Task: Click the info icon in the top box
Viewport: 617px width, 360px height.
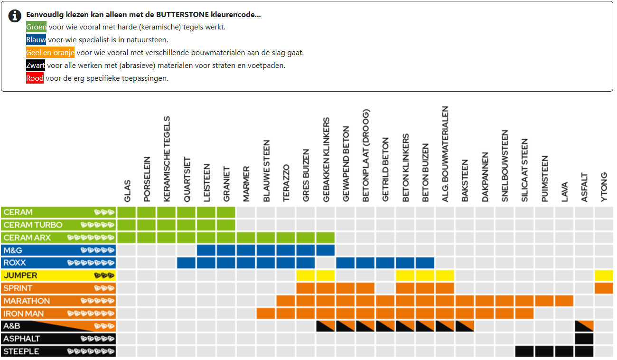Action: tap(15, 16)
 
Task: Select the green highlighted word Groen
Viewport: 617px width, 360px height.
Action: tap(36, 27)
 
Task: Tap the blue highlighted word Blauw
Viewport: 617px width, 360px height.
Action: tap(36, 40)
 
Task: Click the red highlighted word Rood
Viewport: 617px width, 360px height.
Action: tap(35, 78)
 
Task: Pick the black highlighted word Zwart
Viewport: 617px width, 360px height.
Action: tap(36, 66)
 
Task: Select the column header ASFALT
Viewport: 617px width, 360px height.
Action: tap(584, 188)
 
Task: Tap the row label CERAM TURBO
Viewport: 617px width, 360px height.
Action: tap(33, 225)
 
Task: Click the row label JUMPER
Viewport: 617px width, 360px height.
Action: tap(20, 275)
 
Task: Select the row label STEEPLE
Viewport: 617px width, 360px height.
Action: tap(21, 351)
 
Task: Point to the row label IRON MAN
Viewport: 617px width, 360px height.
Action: tap(24, 313)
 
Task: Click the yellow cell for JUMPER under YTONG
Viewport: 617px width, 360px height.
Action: tap(604, 275)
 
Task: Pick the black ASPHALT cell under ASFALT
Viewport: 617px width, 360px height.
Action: tap(584, 339)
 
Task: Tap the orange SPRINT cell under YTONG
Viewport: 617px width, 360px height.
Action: tap(604, 288)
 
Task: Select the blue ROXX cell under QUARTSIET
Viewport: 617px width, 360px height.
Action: tap(187, 263)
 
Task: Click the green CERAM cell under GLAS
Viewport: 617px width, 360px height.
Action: tap(127, 212)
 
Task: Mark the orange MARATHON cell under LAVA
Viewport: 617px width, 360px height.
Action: tap(564, 301)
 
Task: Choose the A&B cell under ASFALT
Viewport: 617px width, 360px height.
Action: tap(584, 326)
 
